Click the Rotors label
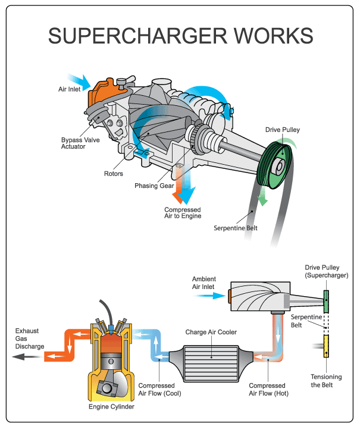point(113,174)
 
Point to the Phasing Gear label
point(153,186)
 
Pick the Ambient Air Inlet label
point(203,282)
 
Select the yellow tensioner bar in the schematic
point(327,347)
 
